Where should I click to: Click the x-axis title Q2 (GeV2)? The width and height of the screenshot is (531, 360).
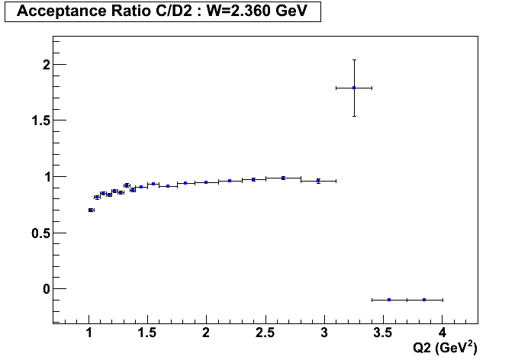pos(445,347)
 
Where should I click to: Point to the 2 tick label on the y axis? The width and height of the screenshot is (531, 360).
pos(46,65)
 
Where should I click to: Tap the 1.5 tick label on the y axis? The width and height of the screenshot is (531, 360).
pos(40,121)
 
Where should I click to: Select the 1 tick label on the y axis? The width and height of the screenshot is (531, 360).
pos(46,177)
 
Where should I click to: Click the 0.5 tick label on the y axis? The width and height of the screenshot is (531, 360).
pos(40,233)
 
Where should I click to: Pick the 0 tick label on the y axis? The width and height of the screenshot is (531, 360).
pos(46,289)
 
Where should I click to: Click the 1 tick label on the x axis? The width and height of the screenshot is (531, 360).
pos(89,333)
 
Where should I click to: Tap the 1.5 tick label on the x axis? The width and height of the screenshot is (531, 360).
pos(148,333)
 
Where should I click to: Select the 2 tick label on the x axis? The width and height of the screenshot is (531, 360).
pos(207,333)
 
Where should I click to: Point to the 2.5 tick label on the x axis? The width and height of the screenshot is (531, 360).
pos(265,333)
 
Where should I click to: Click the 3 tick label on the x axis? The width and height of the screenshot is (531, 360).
pos(324,333)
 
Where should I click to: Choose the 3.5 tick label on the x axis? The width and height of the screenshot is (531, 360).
pos(383,333)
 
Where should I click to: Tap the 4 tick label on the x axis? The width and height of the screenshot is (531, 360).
pos(443,333)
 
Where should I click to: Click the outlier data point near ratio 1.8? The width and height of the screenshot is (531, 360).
pos(354,88)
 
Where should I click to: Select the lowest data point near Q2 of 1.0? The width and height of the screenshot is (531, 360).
pos(92,210)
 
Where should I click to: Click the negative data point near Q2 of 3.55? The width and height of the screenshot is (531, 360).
pos(389,300)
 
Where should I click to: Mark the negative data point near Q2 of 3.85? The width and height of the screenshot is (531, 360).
pos(424,300)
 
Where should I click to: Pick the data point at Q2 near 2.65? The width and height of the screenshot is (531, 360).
pos(283,178)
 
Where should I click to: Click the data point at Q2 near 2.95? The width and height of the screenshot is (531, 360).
pos(318,181)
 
